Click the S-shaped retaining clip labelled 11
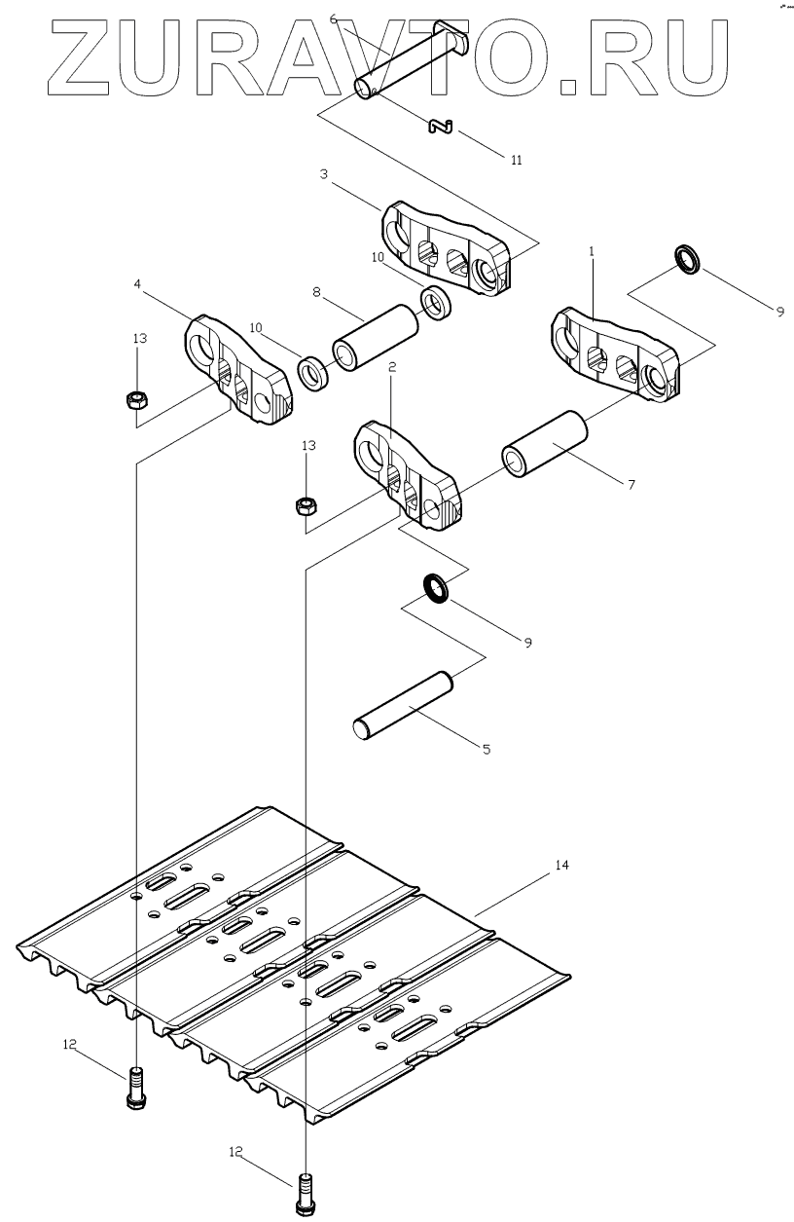tap(443, 126)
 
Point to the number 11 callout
tap(516, 160)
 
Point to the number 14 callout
tap(561, 865)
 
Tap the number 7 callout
tap(631, 483)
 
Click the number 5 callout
tap(487, 749)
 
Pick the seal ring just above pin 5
tap(436, 588)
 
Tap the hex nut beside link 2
tap(307, 505)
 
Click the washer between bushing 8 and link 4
tap(314, 371)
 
